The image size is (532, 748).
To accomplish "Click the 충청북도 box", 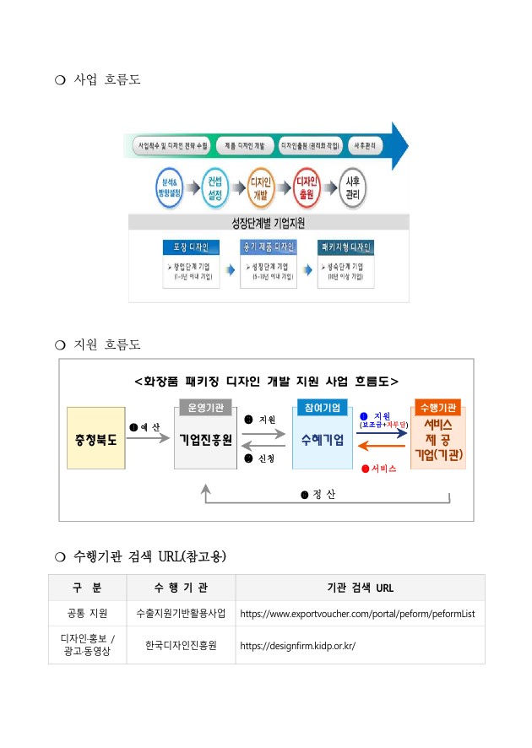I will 96,439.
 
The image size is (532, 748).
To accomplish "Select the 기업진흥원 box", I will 205,439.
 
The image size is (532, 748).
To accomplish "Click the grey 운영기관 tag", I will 205,407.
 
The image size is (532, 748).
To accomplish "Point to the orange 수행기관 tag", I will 437,407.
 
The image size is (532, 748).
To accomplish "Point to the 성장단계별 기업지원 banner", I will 269,223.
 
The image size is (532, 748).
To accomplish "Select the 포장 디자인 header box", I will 191,247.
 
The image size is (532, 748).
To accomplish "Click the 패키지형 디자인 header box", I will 345,247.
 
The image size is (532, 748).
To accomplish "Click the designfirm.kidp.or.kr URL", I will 298,645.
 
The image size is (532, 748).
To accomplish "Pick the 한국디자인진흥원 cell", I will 181,645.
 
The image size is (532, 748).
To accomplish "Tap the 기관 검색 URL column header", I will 360,587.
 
